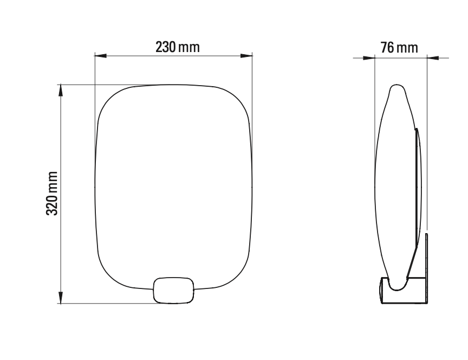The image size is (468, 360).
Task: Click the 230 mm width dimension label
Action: pos(178,47)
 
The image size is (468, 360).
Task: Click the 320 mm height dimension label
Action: pos(52,194)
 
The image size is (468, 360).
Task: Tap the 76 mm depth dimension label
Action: pos(399,48)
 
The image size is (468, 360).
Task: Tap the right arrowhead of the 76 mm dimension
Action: pos(432,57)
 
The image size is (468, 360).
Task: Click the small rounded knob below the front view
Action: pos(174,290)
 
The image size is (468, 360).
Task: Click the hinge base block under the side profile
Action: pos(404,291)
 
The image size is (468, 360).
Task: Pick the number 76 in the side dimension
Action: pos(387,48)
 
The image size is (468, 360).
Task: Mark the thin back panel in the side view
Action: pos(418,184)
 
